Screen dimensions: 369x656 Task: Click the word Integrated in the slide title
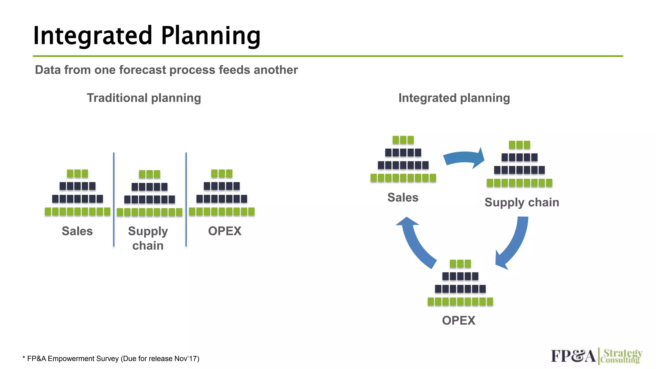coord(92,36)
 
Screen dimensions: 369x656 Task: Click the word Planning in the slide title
coord(210,36)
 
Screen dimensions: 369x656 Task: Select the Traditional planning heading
coord(144,98)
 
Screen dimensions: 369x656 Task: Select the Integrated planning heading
coord(454,98)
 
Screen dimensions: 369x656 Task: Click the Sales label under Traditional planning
coord(77,231)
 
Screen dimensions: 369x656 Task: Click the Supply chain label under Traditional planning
coord(148,238)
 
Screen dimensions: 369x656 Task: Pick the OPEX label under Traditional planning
coord(225,231)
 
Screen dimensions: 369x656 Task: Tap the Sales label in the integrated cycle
coord(403,197)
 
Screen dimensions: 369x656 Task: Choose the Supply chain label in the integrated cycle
coord(521,202)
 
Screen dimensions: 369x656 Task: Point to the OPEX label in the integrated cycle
coord(458,320)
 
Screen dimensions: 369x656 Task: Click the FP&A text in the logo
coord(573,356)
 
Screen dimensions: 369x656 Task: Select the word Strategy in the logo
coord(623,353)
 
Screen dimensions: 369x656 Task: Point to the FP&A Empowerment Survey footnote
coord(111,358)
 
